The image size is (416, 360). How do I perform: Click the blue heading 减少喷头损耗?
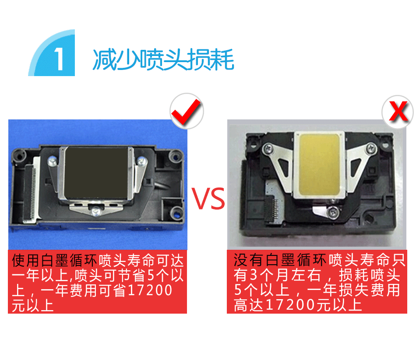(x=163, y=59)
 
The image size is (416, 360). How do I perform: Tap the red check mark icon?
(x=187, y=111)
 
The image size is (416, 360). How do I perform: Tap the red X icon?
(x=398, y=112)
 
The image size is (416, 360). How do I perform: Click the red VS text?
(x=208, y=199)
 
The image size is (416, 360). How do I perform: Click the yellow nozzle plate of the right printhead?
(x=319, y=164)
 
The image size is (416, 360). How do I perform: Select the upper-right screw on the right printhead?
(x=370, y=148)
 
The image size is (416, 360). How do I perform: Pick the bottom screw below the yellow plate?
(x=333, y=212)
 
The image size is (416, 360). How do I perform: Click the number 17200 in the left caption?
(x=150, y=290)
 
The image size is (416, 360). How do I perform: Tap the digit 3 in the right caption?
(x=254, y=275)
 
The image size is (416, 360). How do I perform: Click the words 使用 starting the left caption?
(x=26, y=260)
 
